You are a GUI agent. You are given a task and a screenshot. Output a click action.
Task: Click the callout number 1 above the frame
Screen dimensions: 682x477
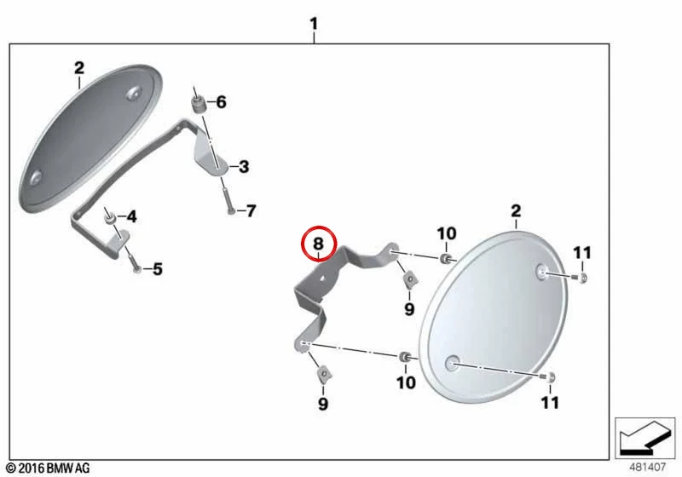point(314,24)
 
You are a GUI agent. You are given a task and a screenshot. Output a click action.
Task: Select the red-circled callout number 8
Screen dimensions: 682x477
point(318,244)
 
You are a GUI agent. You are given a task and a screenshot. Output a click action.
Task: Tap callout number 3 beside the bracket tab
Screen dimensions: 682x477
point(244,166)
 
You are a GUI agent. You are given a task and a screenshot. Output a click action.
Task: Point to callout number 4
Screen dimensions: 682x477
point(131,216)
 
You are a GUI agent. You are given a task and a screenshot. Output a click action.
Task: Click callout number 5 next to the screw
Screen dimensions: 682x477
point(158,269)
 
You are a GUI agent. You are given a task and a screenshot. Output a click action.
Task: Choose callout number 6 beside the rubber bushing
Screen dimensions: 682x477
point(221,102)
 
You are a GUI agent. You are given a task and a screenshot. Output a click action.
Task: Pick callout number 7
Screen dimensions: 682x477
point(251,210)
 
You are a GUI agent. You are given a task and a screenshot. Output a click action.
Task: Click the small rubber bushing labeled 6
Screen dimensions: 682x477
point(199,105)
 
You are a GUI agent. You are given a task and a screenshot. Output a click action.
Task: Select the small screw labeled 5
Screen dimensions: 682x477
point(135,263)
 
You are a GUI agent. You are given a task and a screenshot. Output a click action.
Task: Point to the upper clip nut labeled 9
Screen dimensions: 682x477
point(409,279)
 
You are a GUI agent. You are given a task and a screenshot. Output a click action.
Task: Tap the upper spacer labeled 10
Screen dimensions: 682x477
point(445,259)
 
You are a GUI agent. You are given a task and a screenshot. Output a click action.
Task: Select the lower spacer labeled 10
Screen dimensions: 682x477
point(404,357)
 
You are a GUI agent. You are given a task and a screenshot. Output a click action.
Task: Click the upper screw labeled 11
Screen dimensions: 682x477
point(581,277)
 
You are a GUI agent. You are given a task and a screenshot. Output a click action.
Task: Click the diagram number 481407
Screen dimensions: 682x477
point(648,467)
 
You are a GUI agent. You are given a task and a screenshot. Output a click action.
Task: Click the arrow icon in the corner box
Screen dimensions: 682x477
point(644,438)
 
